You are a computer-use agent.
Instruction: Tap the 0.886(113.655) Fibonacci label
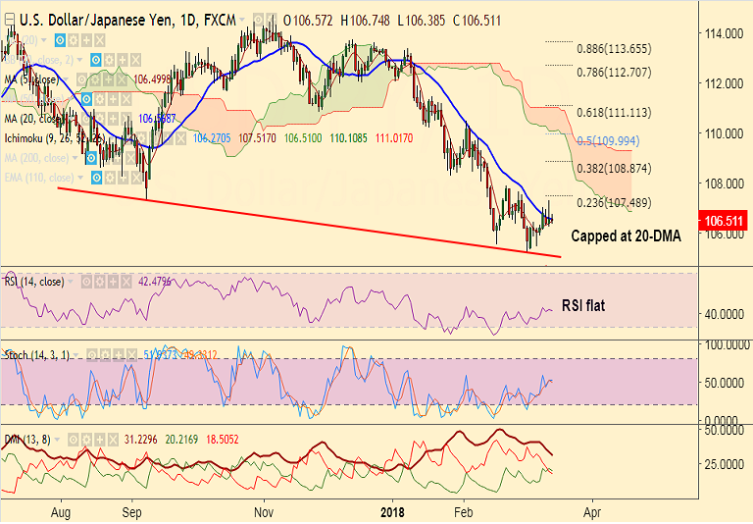click(614, 49)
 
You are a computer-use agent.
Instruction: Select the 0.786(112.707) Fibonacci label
click(614, 73)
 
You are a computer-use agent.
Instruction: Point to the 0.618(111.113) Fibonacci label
click(614, 113)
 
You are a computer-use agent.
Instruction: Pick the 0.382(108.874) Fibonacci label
click(614, 169)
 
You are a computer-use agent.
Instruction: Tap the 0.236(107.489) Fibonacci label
click(614, 203)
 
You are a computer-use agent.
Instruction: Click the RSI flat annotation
click(582, 305)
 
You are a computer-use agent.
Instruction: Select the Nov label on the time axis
click(263, 512)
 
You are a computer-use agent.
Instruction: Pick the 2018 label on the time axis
click(392, 512)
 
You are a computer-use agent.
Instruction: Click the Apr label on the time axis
click(591, 512)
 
